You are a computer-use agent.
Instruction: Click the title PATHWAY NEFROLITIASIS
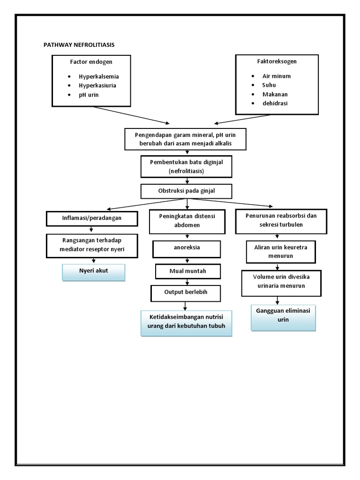tap(79, 45)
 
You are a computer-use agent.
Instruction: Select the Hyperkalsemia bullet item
tap(99, 76)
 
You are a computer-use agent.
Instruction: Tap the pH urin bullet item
tap(89, 95)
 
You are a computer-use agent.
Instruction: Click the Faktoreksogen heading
tap(277, 61)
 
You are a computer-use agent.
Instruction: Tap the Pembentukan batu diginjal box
tap(187, 166)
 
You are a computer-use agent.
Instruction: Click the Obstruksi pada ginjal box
tap(187, 191)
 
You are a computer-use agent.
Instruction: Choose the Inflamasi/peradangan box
tap(92, 218)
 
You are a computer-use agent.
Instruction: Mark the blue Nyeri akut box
tap(94, 272)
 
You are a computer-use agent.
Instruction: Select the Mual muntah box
tap(188, 271)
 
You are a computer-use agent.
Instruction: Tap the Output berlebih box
tap(186, 292)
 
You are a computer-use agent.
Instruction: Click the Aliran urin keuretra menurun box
tap(280, 252)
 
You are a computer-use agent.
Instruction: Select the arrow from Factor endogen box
tap(131, 114)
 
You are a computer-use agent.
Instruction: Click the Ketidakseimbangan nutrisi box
tap(187, 322)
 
